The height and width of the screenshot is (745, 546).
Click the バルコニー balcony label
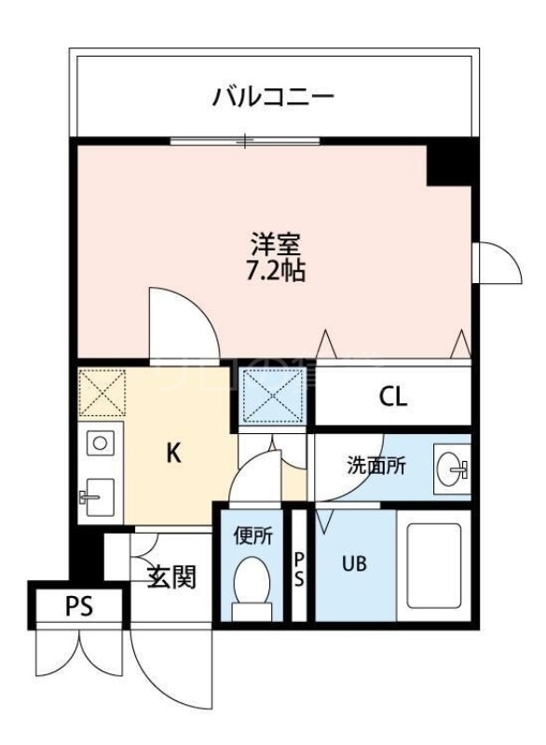[272, 95]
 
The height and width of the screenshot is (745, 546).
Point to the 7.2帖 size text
[273, 272]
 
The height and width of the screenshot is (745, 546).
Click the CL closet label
[392, 397]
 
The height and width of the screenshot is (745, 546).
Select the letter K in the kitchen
[172, 454]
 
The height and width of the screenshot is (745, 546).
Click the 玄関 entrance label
[172, 577]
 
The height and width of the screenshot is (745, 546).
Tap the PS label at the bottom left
[79, 607]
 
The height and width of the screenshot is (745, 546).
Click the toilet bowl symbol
[251, 585]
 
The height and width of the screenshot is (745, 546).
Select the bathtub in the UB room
[434, 567]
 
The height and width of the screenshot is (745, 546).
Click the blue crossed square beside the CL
[274, 394]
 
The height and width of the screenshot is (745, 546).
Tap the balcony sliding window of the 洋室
[245, 141]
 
